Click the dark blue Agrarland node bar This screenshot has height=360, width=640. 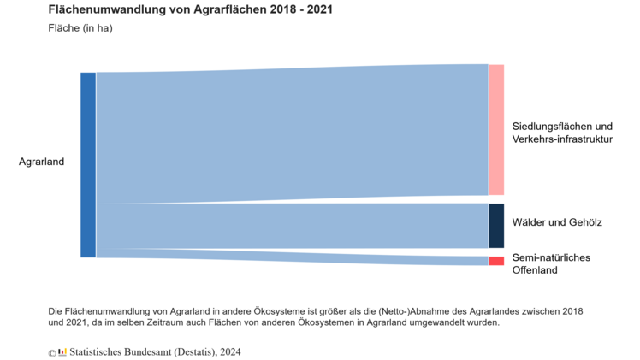click(x=88, y=164)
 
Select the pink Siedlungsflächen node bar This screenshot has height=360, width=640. click(x=496, y=129)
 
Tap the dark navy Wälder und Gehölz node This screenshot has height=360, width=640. click(x=496, y=225)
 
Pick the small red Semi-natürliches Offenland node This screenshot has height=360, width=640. click(x=496, y=261)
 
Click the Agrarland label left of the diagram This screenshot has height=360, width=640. click(x=41, y=162)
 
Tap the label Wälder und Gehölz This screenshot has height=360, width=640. click(x=557, y=222)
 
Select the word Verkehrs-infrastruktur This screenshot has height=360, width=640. click(x=562, y=139)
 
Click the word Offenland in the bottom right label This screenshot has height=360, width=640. click(x=535, y=270)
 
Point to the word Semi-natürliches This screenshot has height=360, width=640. click(x=551, y=257)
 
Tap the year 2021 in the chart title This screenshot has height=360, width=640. click(x=317, y=10)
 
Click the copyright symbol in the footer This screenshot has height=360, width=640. click(x=52, y=352)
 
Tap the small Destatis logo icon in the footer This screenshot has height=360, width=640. click(x=62, y=351)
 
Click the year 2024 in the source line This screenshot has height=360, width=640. click(x=228, y=351)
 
